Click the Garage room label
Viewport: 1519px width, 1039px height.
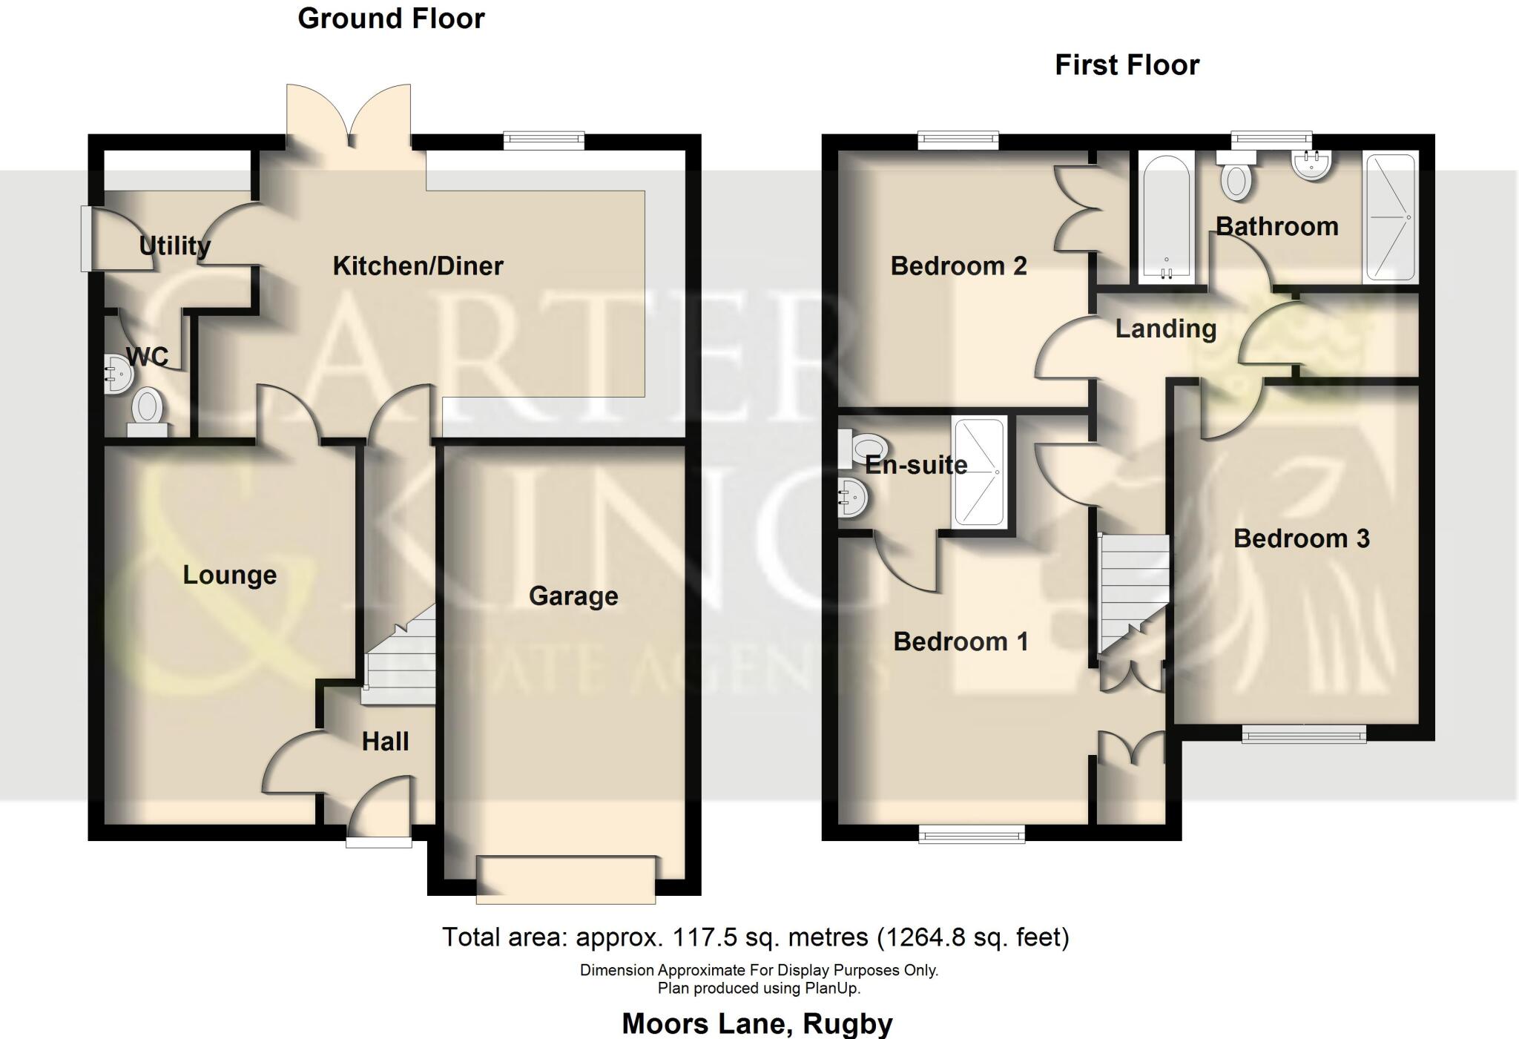coord(573,596)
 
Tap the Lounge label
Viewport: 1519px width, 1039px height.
coord(229,575)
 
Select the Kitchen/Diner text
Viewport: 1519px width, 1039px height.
coord(418,266)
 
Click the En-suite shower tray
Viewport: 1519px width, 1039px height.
coord(979,472)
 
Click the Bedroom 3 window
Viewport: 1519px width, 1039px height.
coord(1304,735)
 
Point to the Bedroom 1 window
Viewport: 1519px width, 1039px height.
coord(972,836)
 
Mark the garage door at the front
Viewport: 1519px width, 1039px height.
coord(566,880)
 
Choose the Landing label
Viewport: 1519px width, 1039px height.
coord(1166,329)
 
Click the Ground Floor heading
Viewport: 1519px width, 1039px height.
coord(391,19)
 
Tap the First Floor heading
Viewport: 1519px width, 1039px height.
coord(1127,65)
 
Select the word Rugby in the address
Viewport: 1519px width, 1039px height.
coord(848,1023)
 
